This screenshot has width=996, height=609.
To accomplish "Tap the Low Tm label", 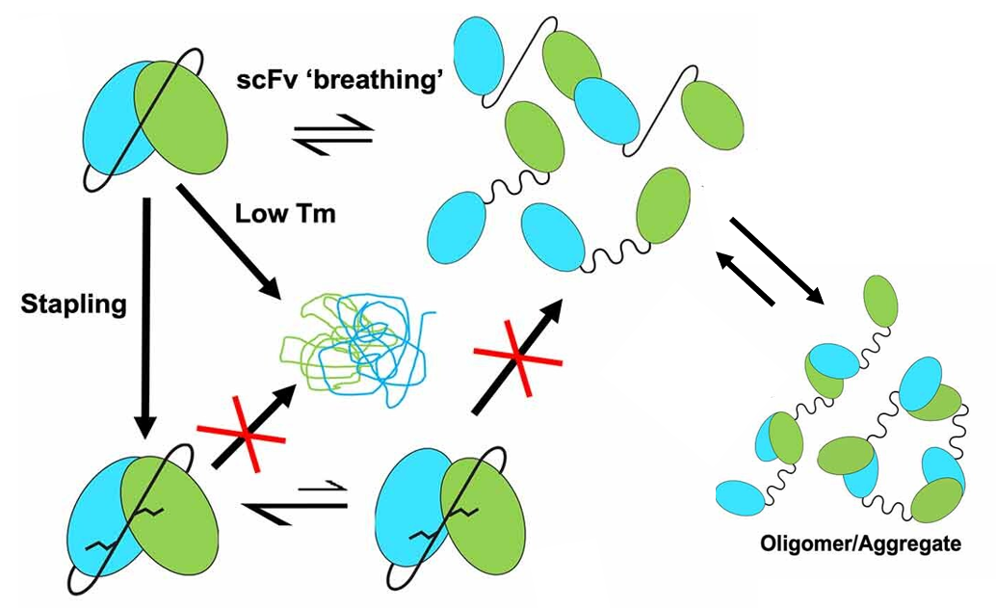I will [x=285, y=214].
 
